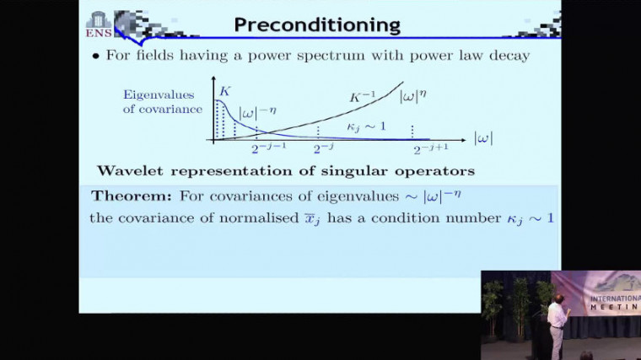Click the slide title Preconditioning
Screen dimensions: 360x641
[x=317, y=24]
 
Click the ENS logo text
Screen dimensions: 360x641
[x=99, y=34]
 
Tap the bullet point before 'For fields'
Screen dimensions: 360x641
[x=95, y=56]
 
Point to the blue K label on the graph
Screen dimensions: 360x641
[x=224, y=91]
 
